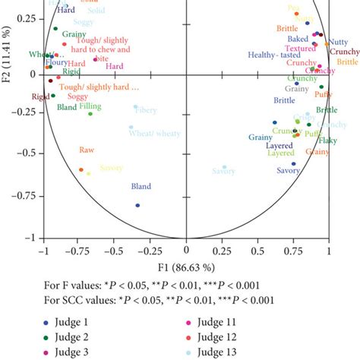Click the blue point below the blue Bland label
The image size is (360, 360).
137,205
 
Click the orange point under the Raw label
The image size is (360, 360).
81,170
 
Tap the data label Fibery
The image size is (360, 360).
145,110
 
